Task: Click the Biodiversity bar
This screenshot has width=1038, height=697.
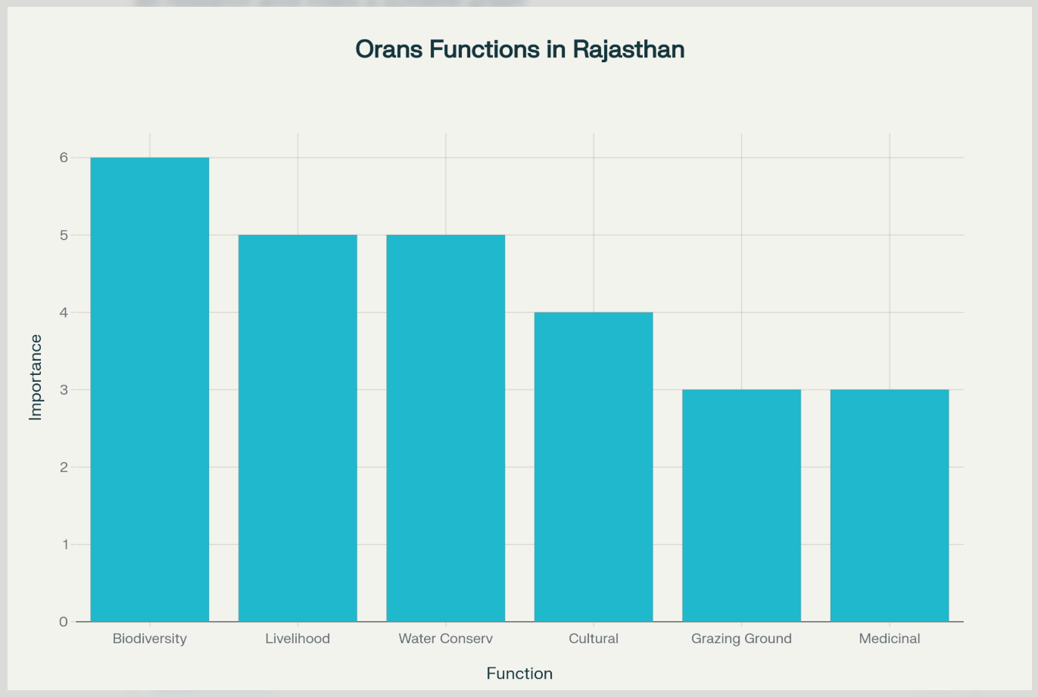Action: click(150, 389)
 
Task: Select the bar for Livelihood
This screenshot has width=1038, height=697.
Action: click(298, 428)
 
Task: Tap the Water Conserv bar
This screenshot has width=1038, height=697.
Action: click(446, 428)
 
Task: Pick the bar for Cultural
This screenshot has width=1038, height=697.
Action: click(594, 467)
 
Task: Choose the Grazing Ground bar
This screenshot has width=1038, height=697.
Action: click(741, 505)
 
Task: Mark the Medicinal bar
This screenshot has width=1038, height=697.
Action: click(890, 505)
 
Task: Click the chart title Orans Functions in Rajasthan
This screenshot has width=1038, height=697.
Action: click(519, 49)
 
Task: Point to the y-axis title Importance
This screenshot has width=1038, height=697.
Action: click(36, 377)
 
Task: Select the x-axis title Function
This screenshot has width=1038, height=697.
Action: click(519, 674)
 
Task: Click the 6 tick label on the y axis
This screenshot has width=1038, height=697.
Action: click(64, 158)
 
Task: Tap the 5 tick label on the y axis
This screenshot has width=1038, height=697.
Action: click(64, 235)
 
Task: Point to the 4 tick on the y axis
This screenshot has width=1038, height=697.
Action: click(64, 312)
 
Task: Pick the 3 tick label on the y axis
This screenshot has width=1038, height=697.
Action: click(64, 389)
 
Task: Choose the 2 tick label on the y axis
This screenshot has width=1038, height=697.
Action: click(64, 467)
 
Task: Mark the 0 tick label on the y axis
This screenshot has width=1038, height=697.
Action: click(64, 622)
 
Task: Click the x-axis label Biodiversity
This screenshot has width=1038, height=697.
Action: click(150, 639)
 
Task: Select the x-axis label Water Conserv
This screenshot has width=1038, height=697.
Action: click(446, 639)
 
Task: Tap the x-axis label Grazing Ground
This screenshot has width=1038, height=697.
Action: click(741, 639)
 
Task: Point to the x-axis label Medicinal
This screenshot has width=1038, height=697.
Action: click(890, 639)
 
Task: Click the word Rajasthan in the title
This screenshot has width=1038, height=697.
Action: click(628, 49)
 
